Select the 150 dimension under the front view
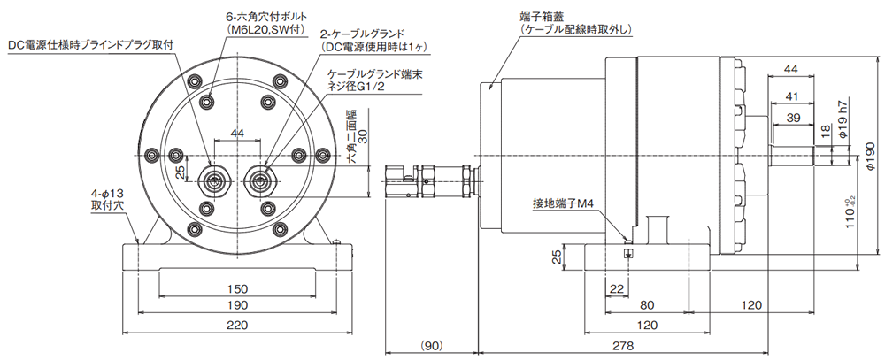pyautogui.click(x=237, y=289)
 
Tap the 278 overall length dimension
pyautogui.click(x=622, y=345)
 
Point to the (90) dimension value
pyautogui.click(x=432, y=345)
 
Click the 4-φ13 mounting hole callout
pyautogui.click(x=106, y=199)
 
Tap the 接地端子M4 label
pyautogui.click(x=562, y=202)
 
